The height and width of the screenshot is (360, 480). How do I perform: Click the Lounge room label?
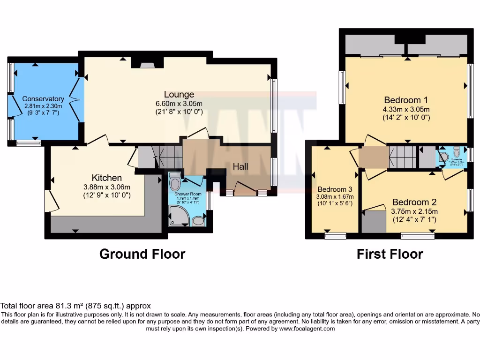(x=179, y=95)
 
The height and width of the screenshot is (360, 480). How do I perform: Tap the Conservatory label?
(x=43, y=99)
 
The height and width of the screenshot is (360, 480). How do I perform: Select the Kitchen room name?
(x=106, y=178)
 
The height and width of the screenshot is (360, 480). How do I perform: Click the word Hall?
(x=240, y=166)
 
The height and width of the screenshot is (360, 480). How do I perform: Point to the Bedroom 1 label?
(x=406, y=100)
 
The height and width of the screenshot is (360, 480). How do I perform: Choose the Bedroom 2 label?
(x=414, y=202)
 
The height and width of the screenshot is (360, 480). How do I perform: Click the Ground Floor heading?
(x=142, y=254)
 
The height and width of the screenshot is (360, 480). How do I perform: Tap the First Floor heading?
(x=390, y=254)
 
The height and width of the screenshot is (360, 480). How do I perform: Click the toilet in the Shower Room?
(x=175, y=181)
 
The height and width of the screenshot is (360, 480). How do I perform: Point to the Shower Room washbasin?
(x=199, y=220)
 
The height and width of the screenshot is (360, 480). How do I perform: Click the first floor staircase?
(x=402, y=156)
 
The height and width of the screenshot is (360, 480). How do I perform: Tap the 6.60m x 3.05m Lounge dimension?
(x=179, y=104)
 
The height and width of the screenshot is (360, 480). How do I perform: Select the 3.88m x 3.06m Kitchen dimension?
(x=106, y=187)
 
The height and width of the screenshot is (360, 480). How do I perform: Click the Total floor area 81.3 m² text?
(x=75, y=306)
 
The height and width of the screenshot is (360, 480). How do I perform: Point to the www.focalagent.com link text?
(x=307, y=329)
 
